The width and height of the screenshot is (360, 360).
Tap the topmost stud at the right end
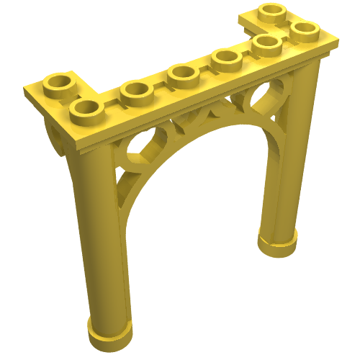click(273, 13)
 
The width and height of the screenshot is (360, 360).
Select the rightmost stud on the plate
click(305, 30)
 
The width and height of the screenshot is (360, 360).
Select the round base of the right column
click(278, 242)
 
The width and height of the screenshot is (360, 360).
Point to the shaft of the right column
click(288, 158)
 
